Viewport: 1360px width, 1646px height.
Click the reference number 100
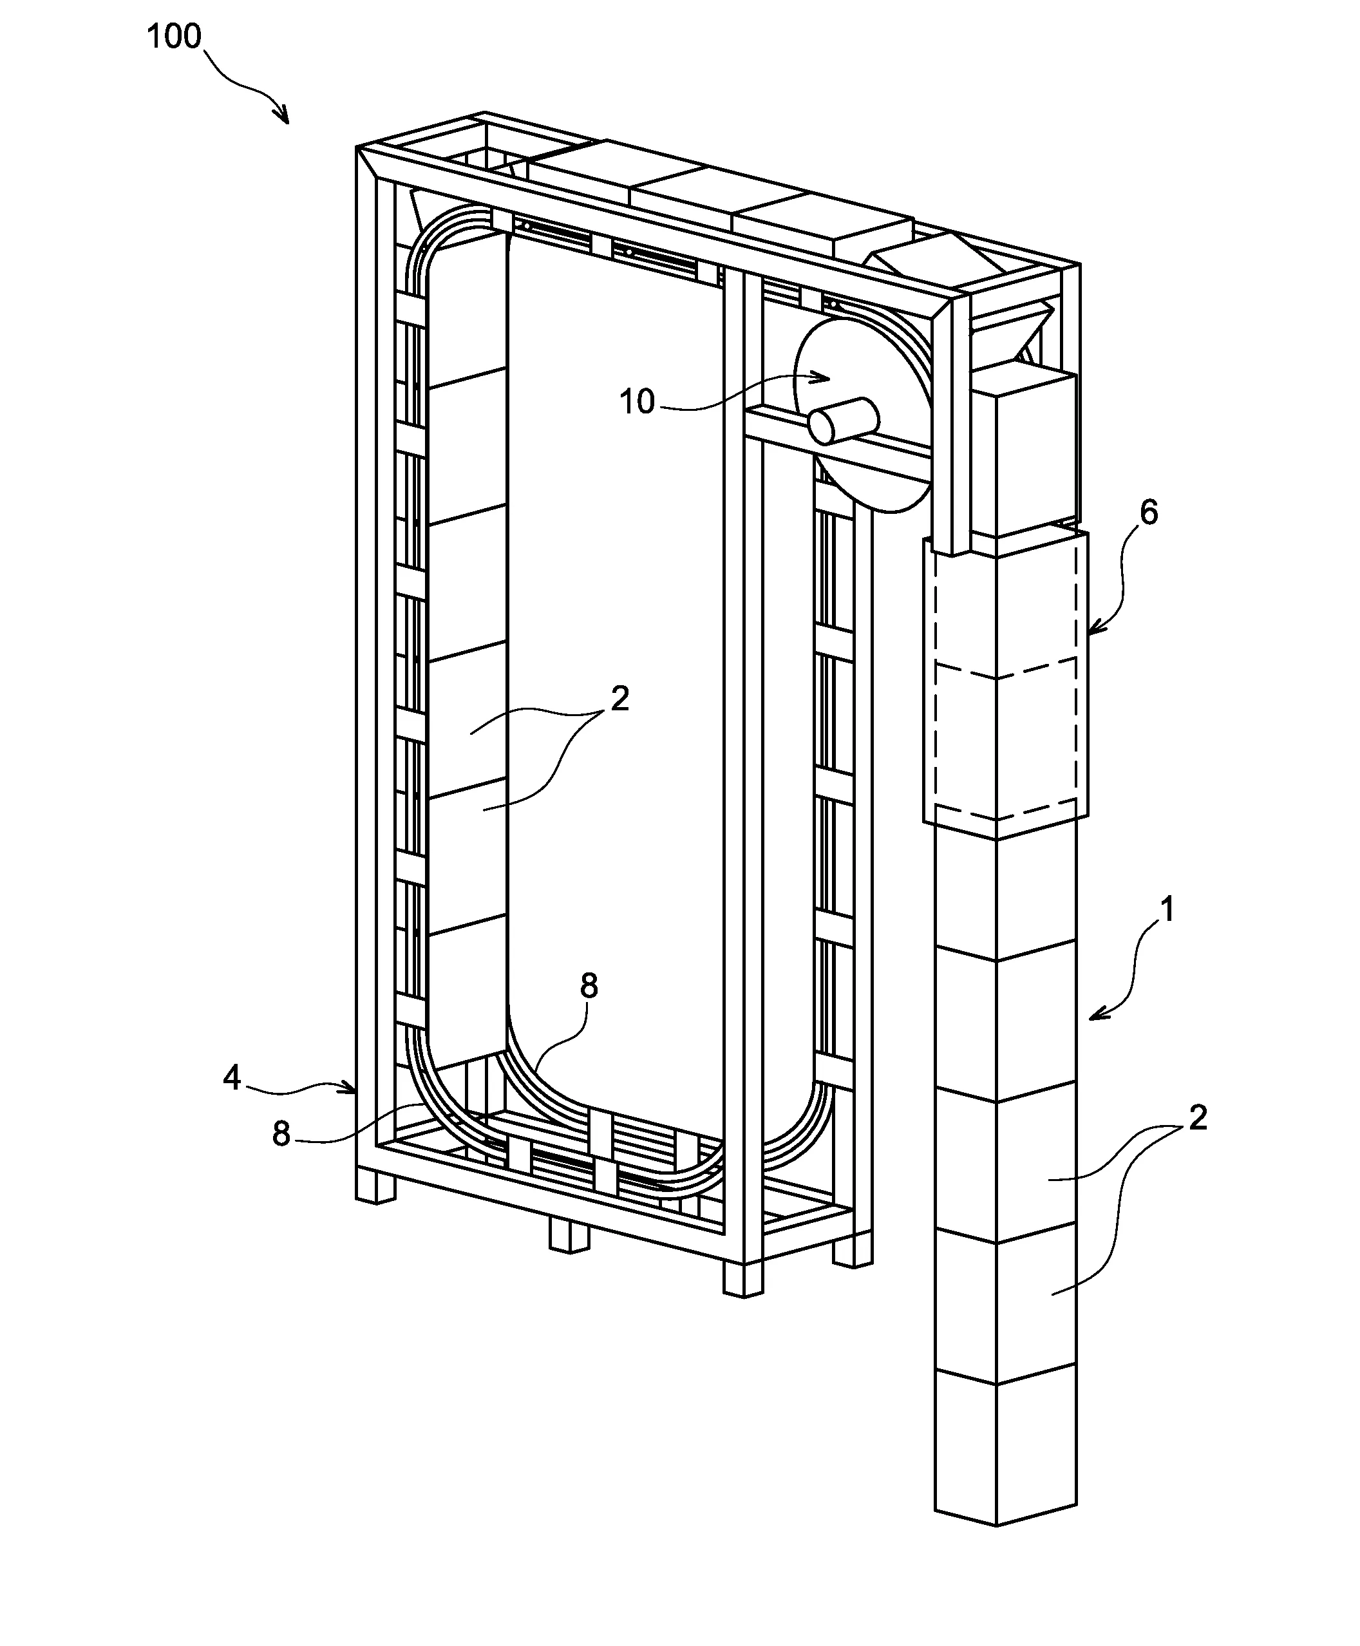(x=174, y=37)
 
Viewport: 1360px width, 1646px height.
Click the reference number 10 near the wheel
(x=636, y=402)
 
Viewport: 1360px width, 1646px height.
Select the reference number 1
(x=1167, y=909)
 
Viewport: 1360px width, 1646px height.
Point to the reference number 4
(x=232, y=1078)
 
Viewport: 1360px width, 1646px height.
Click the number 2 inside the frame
(x=619, y=698)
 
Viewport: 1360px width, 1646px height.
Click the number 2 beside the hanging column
(x=1198, y=1118)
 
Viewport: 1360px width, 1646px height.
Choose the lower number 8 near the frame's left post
(x=281, y=1133)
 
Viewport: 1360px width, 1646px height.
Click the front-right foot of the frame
(x=742, y=1278)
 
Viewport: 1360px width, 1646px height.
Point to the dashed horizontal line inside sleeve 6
(x=1006, y=670)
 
